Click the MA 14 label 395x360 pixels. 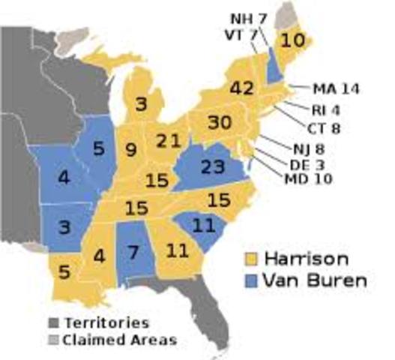pos(335,88)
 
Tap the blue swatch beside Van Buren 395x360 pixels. pos(253,282)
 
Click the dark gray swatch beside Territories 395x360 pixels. pos(53,322)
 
